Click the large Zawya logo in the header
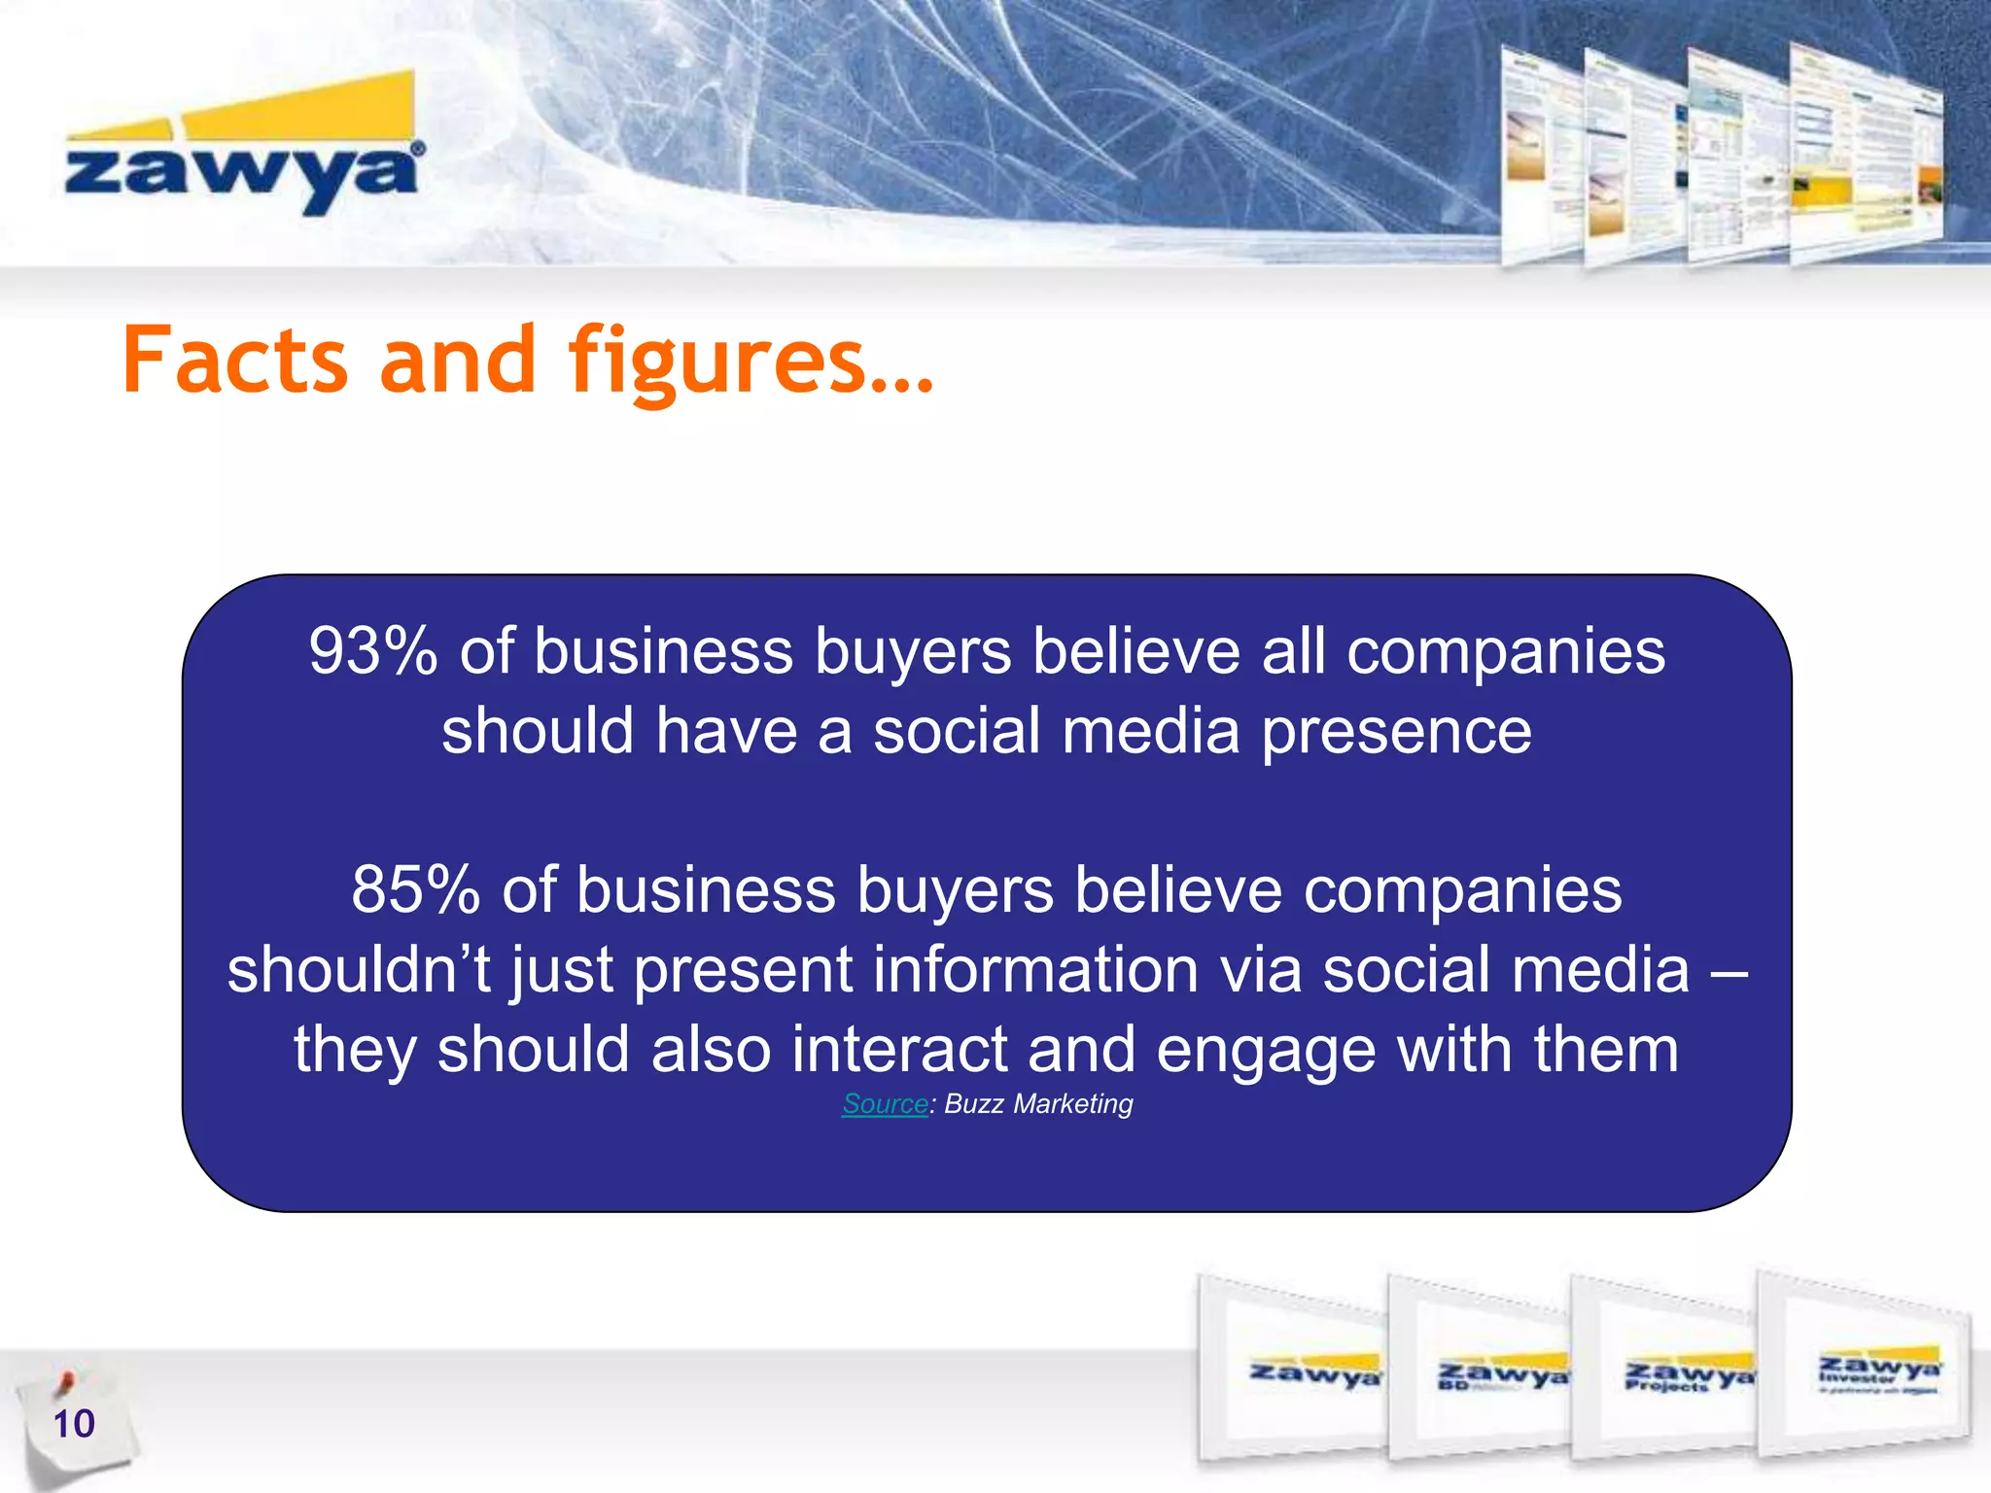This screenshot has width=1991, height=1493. click(243, 146)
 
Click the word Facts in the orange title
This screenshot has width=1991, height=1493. click(234, 361)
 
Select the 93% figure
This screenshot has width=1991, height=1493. click(373, 651)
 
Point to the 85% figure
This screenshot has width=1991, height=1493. click(415, 890)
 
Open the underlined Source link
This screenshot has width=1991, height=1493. click(885, 1104)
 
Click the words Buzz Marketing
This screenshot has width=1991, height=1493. click(1038, 1104)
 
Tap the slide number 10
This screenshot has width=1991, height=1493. click(74, 1424)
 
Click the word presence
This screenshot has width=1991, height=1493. click(1396, 732)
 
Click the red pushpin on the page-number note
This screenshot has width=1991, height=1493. click(65, 1381)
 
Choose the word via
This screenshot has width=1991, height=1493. click(1260, 970)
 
